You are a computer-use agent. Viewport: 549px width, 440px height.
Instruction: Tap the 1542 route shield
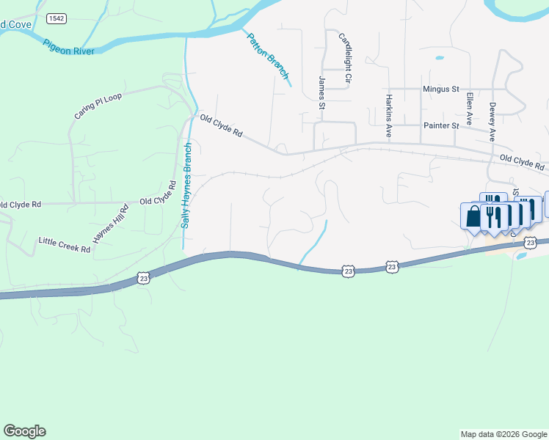tap(55, 17)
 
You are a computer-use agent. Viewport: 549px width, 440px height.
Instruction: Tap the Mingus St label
tap(440, 89)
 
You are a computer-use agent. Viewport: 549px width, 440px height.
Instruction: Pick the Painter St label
tap(441, 125)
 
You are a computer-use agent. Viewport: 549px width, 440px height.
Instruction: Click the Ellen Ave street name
tap(468, 110)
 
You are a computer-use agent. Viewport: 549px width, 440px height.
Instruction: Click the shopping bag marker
tap(473, 216)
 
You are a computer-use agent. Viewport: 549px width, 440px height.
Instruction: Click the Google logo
tap(24, 431)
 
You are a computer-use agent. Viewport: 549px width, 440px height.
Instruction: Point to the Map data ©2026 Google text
tap(503, 434)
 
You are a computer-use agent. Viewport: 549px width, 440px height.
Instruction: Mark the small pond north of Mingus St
tap(439, 57)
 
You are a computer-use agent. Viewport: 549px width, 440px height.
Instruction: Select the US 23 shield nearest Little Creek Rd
tap(143, 278)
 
